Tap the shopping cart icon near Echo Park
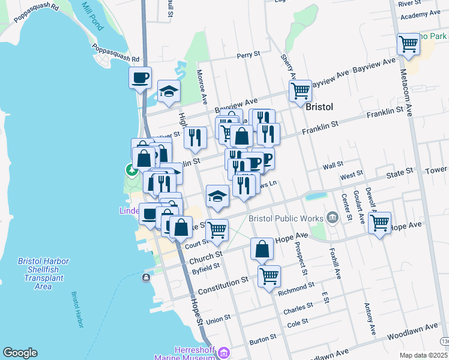pyautogui.click(x=408, y=44)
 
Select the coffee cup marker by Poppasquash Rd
pyautogui.click(x=140, y=78)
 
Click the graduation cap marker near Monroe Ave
pyautogui.click(x=169, y=92)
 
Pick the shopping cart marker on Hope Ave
pyautogui.click(x=379, y=223)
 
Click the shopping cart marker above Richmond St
pyautogui.click(x=270, y=277)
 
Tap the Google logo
pyautogui.click(x=20, y=353)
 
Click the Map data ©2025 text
pyautogui.click(x=423, y=355)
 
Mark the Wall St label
pyautogui.click(x=333, y=164)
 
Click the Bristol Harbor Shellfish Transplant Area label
pyautogui.click(x=43, y=274)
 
